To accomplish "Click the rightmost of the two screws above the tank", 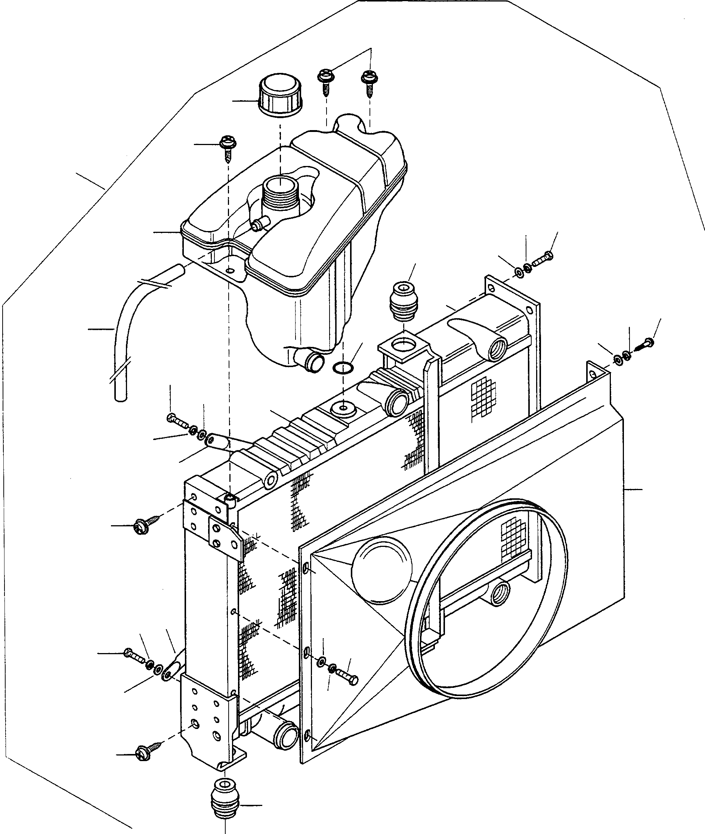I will (367, 81).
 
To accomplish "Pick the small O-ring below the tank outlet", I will (343, 367).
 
